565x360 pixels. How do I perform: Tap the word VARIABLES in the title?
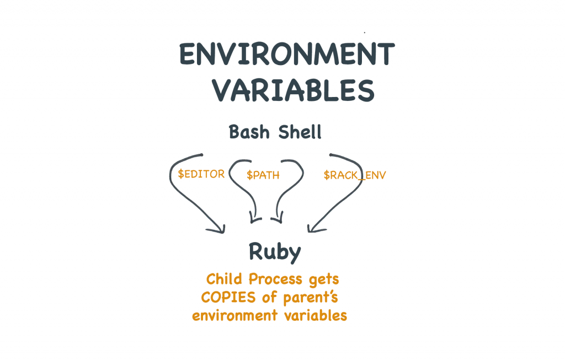click(294, 90)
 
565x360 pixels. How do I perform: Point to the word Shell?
click(300, 133)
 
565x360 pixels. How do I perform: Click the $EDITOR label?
click(201, 174)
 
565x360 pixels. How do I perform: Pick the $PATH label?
click(263, 175)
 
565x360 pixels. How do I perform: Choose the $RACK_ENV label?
click(355, 175)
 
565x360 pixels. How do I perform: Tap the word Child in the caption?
click(223, 279)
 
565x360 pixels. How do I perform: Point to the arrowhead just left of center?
click(254, 219)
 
